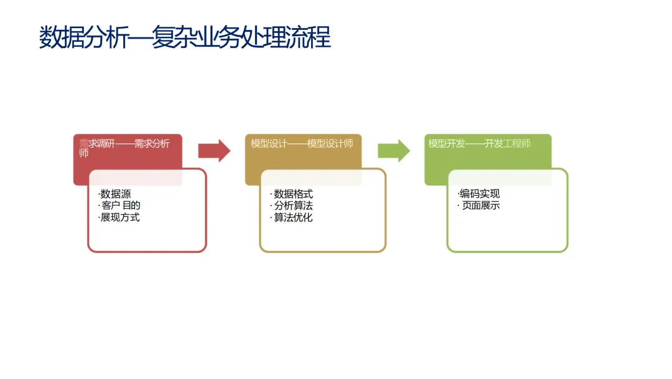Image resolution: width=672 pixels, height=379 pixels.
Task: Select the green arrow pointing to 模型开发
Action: [393, 150]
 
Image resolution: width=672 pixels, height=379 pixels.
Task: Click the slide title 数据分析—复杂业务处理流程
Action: [185, 37]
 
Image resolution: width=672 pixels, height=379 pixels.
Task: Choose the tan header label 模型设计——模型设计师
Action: [302, 143]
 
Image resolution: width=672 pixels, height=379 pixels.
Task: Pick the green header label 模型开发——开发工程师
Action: [479, 143]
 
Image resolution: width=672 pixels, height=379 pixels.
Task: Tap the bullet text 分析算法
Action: [293, 206]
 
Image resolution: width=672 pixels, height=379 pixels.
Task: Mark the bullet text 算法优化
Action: [293, 218]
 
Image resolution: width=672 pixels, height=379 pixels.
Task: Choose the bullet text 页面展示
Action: [480, 205]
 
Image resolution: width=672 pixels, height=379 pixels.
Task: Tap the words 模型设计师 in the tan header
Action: [330, 143]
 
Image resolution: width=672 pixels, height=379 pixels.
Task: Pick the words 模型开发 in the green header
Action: [447, 143]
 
